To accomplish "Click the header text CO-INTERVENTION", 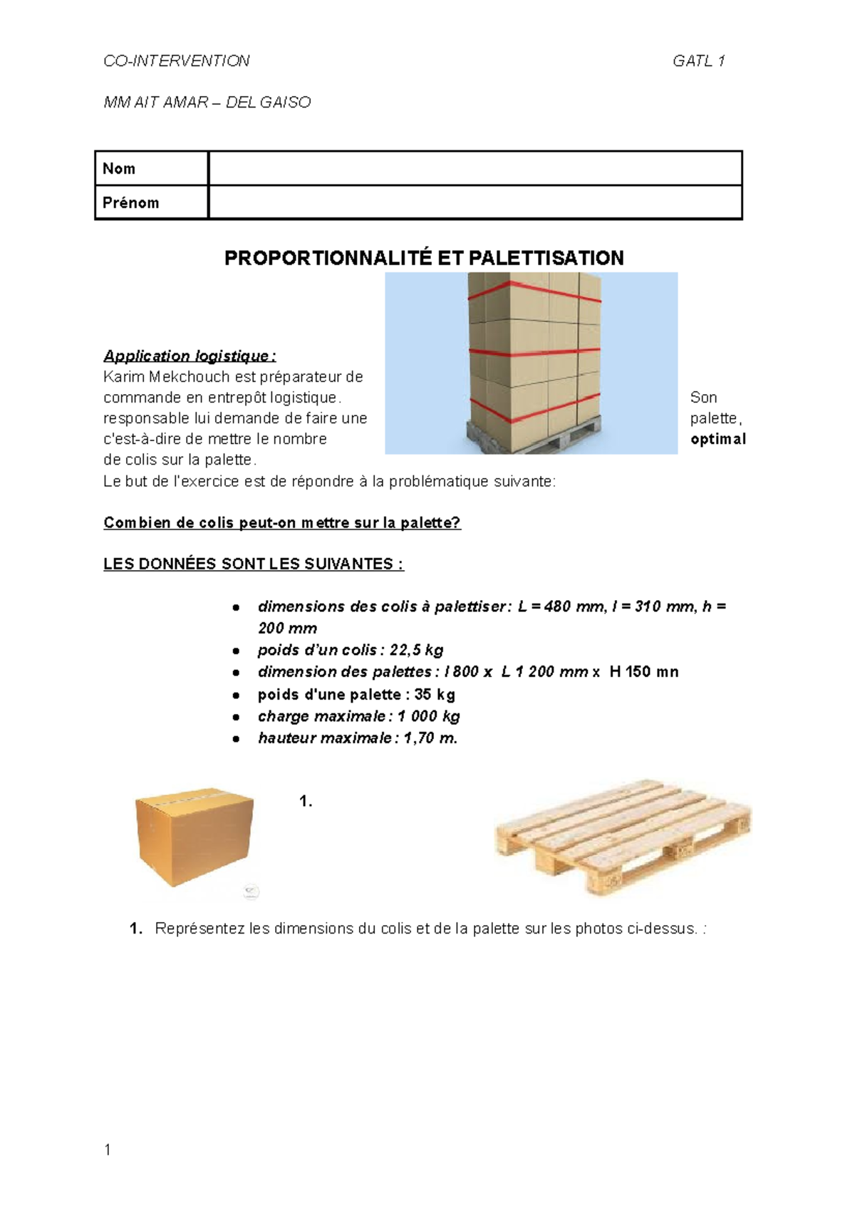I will point(176,61).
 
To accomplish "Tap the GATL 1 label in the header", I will point(698,61).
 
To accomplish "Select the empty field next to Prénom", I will point(475,202).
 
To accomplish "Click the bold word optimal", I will point(717,439).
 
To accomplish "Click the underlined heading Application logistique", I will point(189,356).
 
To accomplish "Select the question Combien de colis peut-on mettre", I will point(282,523).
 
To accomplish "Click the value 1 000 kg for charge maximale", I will point(428,716).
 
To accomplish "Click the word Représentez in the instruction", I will point(200,929).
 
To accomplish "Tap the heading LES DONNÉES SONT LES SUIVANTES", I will point(253,564).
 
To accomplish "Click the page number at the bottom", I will point(107,1149).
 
